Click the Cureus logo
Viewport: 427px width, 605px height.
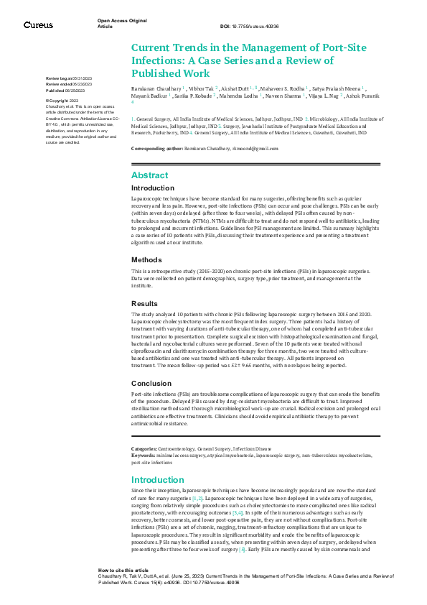click(x=37, y=25)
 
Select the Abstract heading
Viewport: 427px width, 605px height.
click(x=149, y=175)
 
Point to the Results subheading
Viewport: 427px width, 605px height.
click(x=144, y=304)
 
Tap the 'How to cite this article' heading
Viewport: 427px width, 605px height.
click(x=123, y=569)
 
